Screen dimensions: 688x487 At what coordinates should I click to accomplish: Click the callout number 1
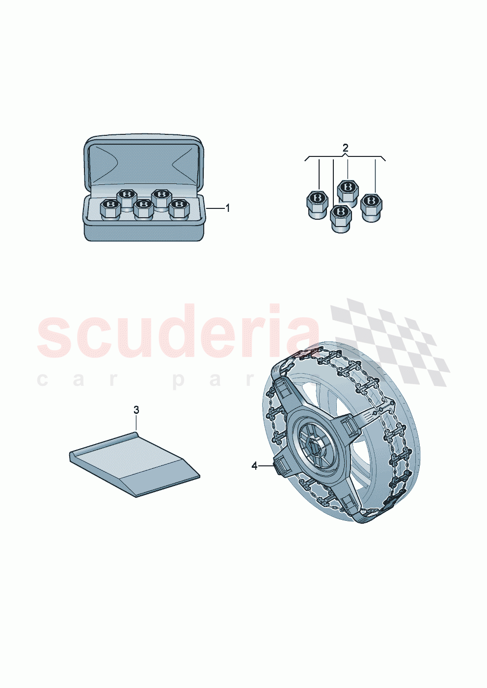pyautogui.click(x=227, y=208)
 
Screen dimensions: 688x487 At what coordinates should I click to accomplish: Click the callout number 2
pyautogui.click(x=345, y=148)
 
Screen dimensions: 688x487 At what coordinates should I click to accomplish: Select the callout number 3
pyautogui.click(x=136, y=409)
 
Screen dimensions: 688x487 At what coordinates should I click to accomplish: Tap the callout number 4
pyautogui.click(x=254, y=466)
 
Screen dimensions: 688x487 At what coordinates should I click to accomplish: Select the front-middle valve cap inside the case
pyautogui.click(x=143, y=209)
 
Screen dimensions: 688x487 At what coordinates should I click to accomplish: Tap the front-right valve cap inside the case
pyautogui.click(x=179, y=209)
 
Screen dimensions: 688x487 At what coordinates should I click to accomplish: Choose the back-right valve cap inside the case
pyautogui.click(x=161, y=197)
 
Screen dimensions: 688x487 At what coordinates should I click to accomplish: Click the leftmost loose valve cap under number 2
pyautogui.click(x=317, y=204)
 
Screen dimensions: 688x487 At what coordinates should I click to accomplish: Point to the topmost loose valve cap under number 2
pyautogui.click(x=348, y=190)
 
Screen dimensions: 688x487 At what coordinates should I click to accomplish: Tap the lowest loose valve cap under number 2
pyautogui.click(x=340, y=218)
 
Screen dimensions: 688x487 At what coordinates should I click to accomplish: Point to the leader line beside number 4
pyautogui.click(x=266, y=465)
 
